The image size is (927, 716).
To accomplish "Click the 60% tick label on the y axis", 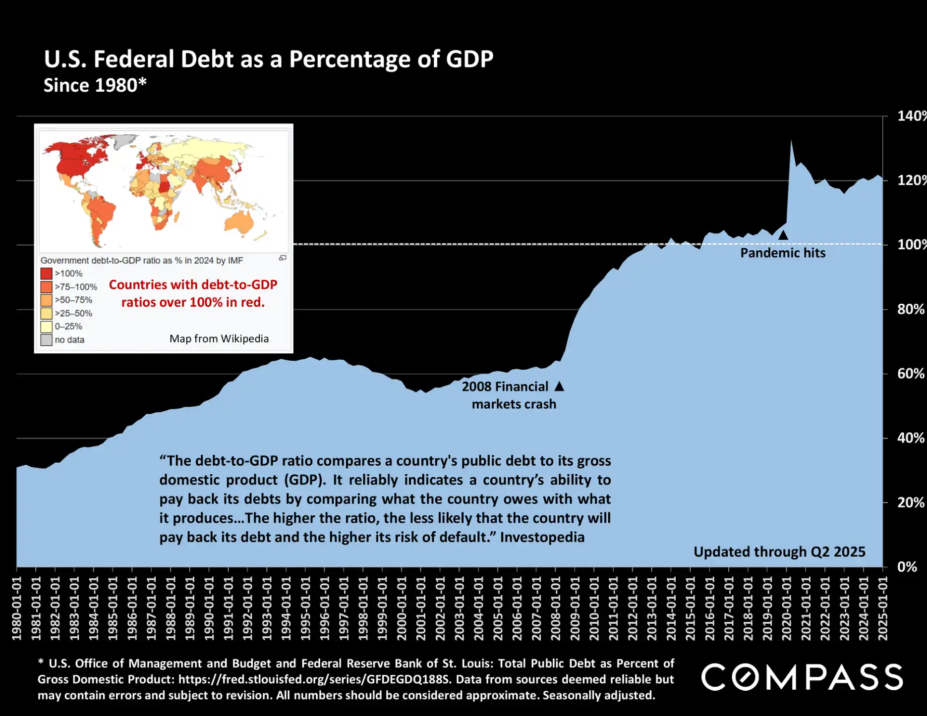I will point(910,374).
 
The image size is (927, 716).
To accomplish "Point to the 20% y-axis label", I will point(910,502).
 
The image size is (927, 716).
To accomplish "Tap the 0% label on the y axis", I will point(907,567).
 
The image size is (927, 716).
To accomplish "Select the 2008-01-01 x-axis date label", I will point(556,608).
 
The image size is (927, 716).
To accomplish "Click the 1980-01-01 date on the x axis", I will point(17,608).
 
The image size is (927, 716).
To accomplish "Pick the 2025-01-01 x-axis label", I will point(883,608).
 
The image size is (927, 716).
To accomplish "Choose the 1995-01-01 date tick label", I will point(305,608).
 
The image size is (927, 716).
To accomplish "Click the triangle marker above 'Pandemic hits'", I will point(783,235).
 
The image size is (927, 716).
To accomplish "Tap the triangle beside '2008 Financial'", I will point(559,386).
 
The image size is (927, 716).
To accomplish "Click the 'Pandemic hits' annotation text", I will point(783,253).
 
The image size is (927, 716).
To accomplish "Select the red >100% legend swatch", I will point(47,274).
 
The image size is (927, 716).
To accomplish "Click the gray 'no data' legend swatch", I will point(47,340).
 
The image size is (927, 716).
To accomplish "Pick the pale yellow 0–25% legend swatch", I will point(47,327).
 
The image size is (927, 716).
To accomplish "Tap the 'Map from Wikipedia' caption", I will point(219,339).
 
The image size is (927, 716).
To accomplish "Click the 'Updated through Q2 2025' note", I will point(779,552).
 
